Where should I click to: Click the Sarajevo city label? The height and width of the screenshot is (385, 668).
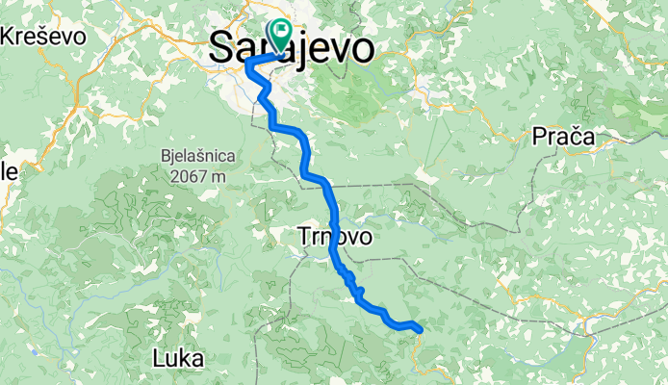click(292, 47)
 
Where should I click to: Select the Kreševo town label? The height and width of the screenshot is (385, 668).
click(43, 37)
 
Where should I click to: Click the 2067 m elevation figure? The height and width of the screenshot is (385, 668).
click(200, 176)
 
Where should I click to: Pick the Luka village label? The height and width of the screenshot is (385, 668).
click(178, 359)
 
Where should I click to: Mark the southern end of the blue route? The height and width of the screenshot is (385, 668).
click(421, 331)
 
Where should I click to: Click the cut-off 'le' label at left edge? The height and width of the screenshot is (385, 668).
click(9, 172)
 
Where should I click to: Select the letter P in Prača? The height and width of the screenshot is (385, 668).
click(539, 138)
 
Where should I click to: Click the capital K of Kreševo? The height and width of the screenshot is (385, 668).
click(10, 37)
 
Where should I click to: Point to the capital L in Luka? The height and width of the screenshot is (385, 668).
click(159, 359)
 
